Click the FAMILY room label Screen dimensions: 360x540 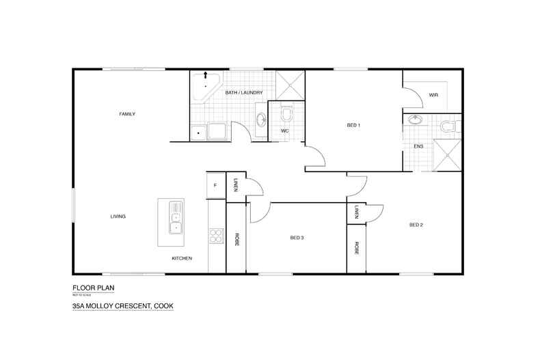[127, 114]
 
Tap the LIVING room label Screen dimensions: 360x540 [118, 217]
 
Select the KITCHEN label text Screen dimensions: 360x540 [182, 258]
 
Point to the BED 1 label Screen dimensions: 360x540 [353, 125]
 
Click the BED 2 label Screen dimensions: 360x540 [417, 225]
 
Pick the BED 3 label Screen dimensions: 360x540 [297, 238]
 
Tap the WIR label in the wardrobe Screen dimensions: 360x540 [433, 95]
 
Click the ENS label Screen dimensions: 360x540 [418, 146]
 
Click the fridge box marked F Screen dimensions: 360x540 [215, 185]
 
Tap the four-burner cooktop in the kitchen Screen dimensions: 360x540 [216, 236]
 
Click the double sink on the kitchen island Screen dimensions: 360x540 [175, 217]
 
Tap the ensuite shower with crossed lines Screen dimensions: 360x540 [448, 154]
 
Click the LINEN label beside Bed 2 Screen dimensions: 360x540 [357, 212]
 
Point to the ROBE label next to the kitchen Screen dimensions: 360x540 [237, 240]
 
